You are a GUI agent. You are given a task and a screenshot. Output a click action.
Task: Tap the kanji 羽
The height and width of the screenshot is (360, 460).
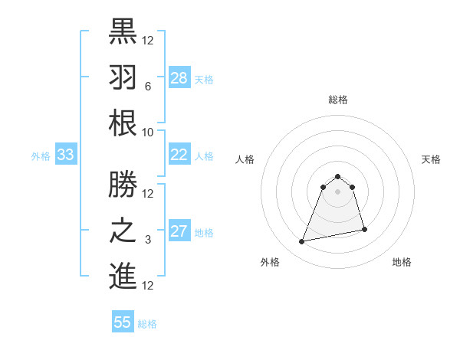pyautogui.click(x=123, y=77)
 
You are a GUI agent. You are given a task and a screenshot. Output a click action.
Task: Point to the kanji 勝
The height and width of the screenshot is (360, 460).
pyautogui.click(x=123, y=184)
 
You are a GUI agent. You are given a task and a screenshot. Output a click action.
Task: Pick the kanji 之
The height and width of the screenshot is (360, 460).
pyautogui.click(x=123, y=231)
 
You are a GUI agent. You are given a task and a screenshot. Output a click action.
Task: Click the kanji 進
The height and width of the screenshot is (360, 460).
pyautogui.click(x=123, y=277)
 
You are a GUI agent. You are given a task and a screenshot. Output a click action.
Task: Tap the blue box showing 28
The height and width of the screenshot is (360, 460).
pyautogui.click(x=179, y=78)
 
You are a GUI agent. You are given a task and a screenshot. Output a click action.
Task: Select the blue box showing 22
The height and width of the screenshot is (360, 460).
pyautogui.click(x=179, y=155)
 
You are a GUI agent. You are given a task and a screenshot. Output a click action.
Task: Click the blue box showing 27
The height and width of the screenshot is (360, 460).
pyautogui.click(x=179, y=231)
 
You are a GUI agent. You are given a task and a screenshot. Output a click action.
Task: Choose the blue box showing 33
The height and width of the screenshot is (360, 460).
pyautogui.click(x=66, y=155)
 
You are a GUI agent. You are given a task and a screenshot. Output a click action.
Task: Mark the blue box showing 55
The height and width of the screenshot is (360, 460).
pyautogui.click(x=123, y=322)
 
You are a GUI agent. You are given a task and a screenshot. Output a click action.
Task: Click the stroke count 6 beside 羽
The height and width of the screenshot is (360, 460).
pyautogui.click(x=146, y=87)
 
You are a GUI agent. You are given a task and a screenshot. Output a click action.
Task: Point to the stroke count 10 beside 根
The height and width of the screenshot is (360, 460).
pyautogui.click(x=148, y=132)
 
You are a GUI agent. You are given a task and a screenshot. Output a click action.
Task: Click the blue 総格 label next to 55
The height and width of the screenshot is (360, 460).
pyautogui.click(x=147, y=324)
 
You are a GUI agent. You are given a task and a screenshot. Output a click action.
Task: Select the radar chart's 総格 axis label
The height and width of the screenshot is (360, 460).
pyautogui.click(x=337, y=100)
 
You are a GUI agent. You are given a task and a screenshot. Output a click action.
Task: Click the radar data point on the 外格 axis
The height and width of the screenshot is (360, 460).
pyautogui.click(x=302, y=242)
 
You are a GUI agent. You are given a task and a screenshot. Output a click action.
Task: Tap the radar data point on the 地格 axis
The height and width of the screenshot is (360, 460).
pyautogui.click(x=364, y=229)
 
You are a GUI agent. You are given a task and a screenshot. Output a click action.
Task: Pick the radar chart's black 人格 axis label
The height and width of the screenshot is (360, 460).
pyautogui.click(x=245, y=160)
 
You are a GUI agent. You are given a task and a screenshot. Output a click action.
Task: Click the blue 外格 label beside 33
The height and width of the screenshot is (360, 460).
pyautogui.click(x=41, y=156)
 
